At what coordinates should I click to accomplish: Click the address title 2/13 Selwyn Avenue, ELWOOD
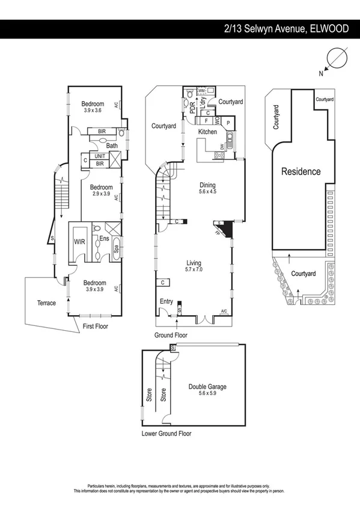point(286,28)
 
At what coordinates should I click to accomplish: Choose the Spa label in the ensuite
point(115,247)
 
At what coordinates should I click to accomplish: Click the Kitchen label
point(207,132)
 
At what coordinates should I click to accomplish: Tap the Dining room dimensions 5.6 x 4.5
point(208,192)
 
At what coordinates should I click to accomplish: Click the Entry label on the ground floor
point(166,301)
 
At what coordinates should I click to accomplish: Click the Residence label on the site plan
point(301,171)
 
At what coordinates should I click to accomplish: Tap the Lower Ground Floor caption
point(166,433)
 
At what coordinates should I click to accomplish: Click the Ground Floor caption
point(172,335)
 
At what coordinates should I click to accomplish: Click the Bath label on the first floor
point(112,146)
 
